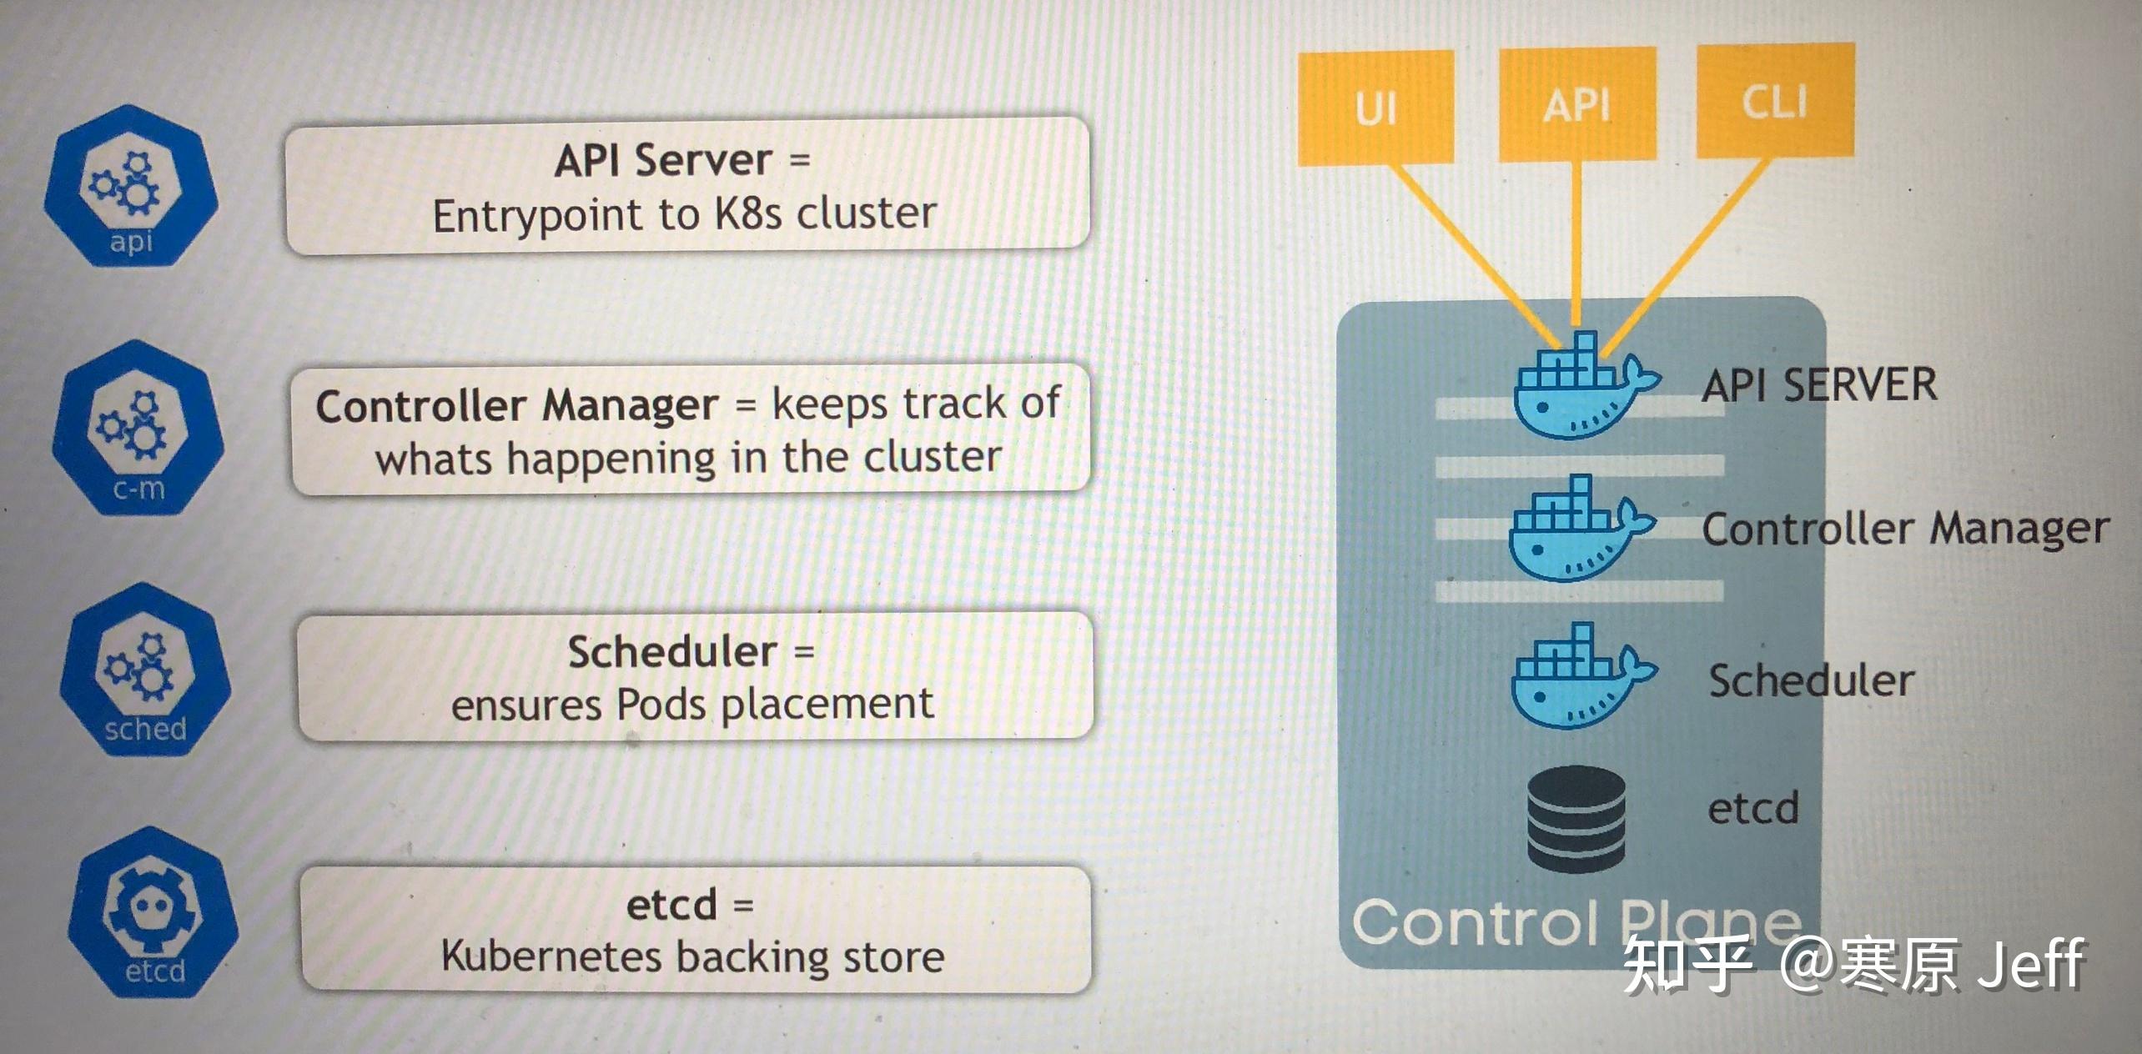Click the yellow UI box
(x=1375, y=108)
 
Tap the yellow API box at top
(x=1576, y=104)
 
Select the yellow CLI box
(x=1775, y=101)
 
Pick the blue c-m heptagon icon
(x=138, y=428)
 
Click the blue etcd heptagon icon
(x=153, y=912)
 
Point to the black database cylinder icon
(x=1576, y=820)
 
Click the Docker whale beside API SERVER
(x=1581, y=388)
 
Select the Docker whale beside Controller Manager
(x=1576, y=530)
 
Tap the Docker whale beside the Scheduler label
(x=1578, y=677)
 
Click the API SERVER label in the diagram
(x=1819, y=385)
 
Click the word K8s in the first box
(x=748, y=214)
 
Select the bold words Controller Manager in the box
(x=516, y=406)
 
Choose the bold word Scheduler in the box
(x=672, y=651)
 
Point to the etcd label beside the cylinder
(x=1753, y=808)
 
